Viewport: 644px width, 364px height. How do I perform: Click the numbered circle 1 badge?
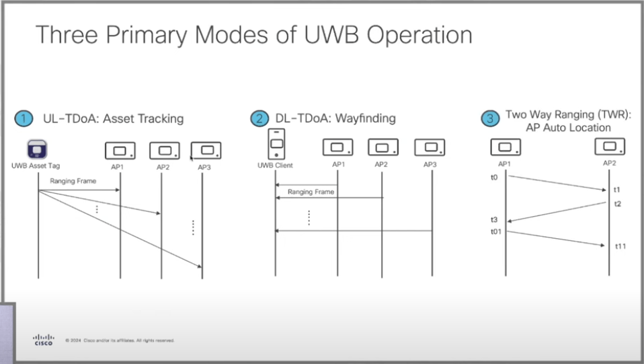[24, 119]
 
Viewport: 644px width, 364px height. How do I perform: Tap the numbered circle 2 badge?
[259, 119]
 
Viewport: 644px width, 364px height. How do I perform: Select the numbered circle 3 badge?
[491, 118]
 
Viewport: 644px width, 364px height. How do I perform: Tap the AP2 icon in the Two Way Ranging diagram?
[610, 146]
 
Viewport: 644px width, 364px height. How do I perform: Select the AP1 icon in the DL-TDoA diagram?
[337, 147]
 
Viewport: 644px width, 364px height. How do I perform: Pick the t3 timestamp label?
[494, 220]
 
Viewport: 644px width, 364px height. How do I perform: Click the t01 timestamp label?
[496, 232]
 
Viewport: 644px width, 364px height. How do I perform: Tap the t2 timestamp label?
[617, 204]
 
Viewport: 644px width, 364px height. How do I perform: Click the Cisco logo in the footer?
[43, 340]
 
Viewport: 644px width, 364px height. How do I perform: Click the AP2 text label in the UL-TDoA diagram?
[163, 167]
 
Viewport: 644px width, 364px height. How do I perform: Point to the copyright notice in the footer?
[120, 340]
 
